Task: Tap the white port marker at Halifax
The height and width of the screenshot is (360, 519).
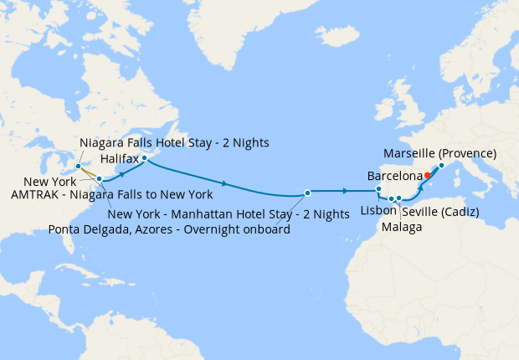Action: (x=144, y=158)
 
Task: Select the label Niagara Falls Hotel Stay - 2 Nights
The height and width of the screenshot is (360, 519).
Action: (x=174, y=142)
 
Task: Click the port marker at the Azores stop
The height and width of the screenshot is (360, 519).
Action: (x=308, y=193)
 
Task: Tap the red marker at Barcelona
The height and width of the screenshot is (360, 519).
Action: (x=427, y=175)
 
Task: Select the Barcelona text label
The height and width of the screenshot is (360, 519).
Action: (x=395, y=177)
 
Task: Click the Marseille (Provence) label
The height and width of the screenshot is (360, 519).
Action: (x=439, y=154)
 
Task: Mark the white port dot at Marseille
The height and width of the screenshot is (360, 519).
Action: (x=441, y=165)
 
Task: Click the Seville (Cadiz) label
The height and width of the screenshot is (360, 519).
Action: (x=440, y=213)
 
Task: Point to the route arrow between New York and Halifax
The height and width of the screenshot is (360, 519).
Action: (x=124, y=172)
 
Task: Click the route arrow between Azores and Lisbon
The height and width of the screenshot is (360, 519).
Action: (x=344, y=192)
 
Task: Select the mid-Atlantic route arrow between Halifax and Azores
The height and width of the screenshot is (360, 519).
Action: (x=224, y=182)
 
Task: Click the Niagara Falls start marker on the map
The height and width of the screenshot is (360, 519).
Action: (x=78, y=167)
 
